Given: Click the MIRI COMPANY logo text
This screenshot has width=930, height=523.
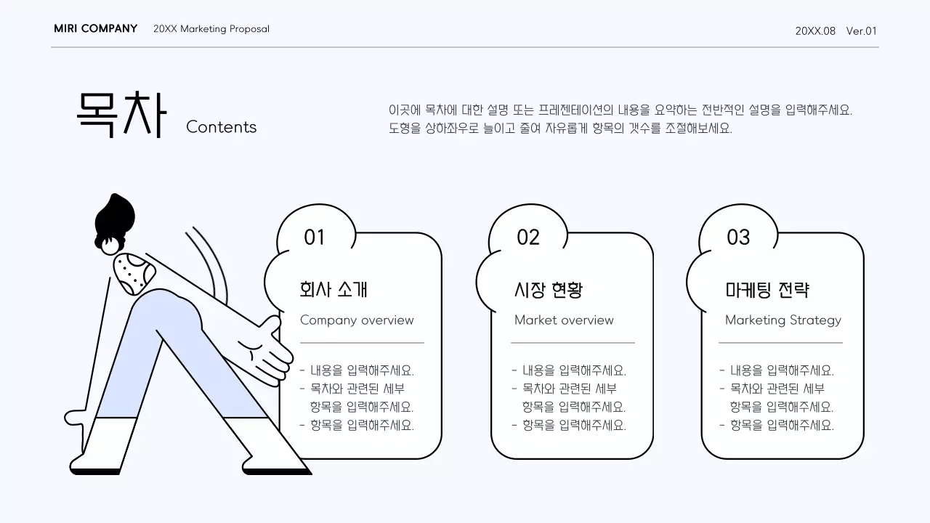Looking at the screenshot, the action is click(95, 29).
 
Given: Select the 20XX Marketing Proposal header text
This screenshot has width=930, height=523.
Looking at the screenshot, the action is click(211, 29).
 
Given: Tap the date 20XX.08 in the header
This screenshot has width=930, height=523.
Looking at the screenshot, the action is click(815, 31).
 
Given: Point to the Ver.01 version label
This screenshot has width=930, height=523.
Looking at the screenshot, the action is click(862, 31).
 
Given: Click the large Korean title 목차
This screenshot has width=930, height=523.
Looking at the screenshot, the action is click(121, 115).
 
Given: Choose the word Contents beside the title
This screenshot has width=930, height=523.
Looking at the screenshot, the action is click(221, 127).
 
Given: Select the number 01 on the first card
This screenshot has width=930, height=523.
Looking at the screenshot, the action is click(315, 238).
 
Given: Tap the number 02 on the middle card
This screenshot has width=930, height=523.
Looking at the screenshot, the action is click(528, 238).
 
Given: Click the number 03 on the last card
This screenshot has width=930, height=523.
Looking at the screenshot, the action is click(738, 238).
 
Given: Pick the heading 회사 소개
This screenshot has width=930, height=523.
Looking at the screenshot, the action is click(333, 290).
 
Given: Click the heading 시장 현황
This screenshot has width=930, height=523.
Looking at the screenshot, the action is click(548, 290).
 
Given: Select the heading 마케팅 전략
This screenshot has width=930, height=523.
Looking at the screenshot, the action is click(767, 290).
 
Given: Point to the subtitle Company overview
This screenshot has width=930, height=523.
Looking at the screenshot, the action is click(357, 320).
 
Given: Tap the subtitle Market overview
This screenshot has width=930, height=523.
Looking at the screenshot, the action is click(564, 320).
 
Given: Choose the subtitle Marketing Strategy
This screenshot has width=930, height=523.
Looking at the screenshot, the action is click(783, 320).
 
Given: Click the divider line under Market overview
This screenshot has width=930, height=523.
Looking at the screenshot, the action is click(573, 342).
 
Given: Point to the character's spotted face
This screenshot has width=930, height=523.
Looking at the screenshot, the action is click(134, 273).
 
